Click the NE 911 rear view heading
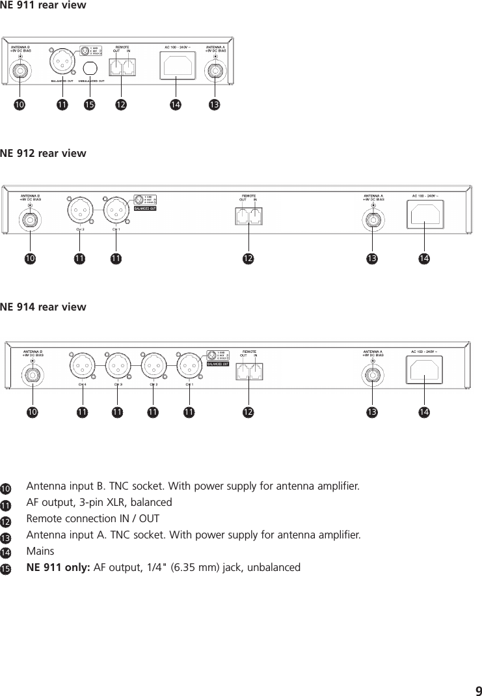click(x=43, y=6)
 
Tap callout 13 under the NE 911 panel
click(x=214, y=104)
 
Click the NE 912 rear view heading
click(x=43, y=154)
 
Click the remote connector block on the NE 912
click(x=249, y=216)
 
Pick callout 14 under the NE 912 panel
click(x=424, y=259)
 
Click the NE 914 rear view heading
click(x=43, y=307)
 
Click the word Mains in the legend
click(x=40, y=551)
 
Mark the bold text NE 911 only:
click(x=59, y=568)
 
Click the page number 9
click(x=478, y=691)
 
